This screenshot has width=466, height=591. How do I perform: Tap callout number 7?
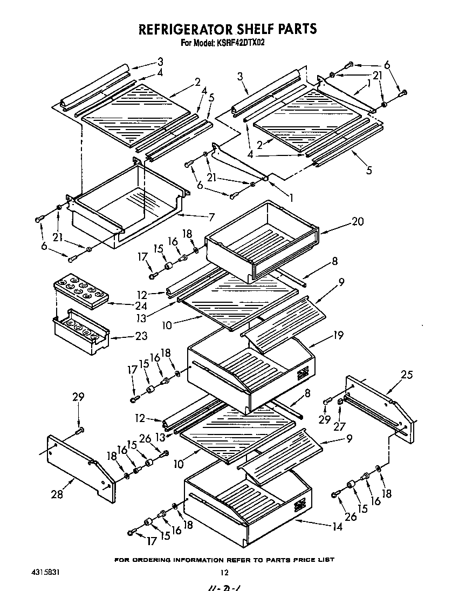click(211, 218)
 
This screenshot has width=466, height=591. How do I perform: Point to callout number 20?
click(342, 221)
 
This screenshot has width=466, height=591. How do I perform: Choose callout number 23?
click(141, 337)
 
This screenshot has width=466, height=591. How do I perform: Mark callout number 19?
click(338, 335)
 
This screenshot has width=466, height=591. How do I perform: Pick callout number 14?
click(337, 527)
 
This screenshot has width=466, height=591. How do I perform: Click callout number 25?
click(407, 374)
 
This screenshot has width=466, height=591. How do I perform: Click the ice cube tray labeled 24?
click(81, 291)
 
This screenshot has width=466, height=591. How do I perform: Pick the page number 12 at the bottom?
click(225, 573)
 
